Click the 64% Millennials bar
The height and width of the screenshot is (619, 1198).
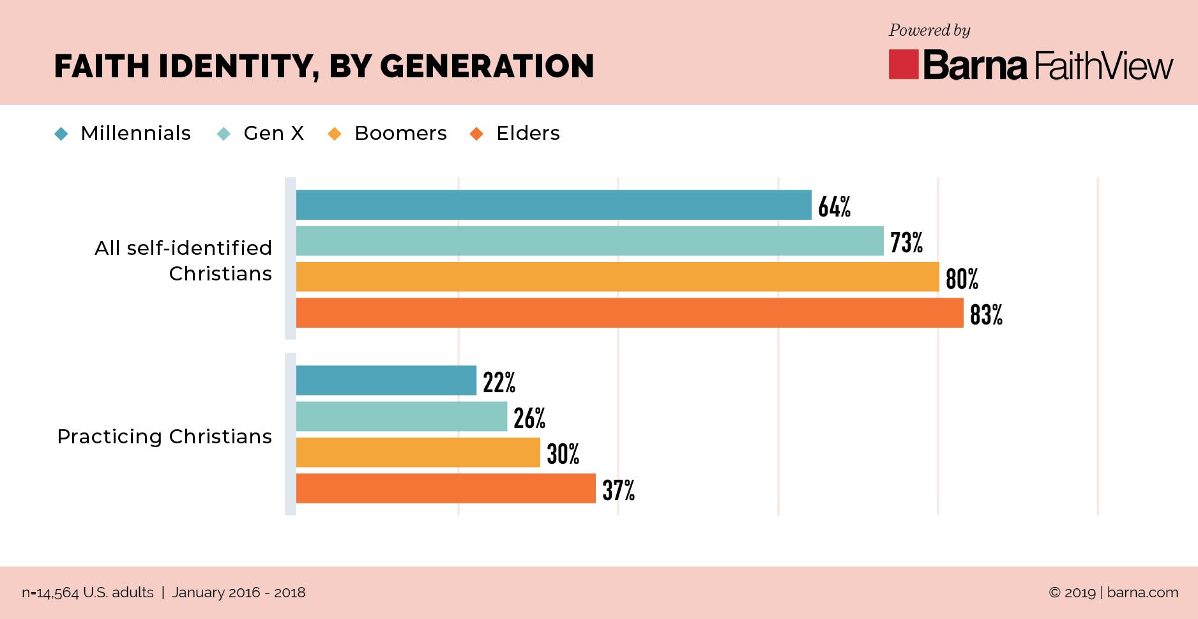pyautogui.click(x=554, y=205)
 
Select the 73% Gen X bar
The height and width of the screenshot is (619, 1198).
pyautogui.click(x=589, y=241)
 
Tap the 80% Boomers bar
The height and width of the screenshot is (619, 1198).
pyautogui.click(x=618, y=277)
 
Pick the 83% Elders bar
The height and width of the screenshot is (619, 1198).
pyautogui.click(x=630, y=312)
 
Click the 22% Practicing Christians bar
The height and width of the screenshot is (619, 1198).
pyautogui.click(x=386, y=381)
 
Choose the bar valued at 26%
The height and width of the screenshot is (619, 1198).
pyautogui.click(x=402, y=416)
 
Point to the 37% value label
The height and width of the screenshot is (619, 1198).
pyautogui.click(x=618, y=490)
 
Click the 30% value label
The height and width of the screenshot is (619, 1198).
pyautogui.click(x=563, y=454)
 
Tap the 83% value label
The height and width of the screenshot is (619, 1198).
pyautogui.click(x=986, y=314)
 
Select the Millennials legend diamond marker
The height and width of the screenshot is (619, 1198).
pyautogui.click(x=61, y=134)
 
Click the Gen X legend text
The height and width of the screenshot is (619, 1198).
pyautogui.click(x=273, y=133)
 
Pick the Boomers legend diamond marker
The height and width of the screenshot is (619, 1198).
pyautogui.click(x=334, y=134)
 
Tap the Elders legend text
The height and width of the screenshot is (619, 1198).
pyautogui.click(x=527, y=133)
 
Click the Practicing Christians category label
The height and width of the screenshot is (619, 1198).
pyautogui.click(x=164, y=436)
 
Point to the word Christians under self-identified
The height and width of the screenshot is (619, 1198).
pyautogui.click(x=220, y=273)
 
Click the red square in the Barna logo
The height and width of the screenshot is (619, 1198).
pyautogui.click(x=903, y=65)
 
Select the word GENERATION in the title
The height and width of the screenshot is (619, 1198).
pyautogui.click(x=487, y=66)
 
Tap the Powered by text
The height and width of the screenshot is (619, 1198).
pyautogui.click(x=929, y=30)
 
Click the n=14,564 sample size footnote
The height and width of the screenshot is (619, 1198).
pyautogui.click(x=87, y=592)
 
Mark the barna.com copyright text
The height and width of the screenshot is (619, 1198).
pyautogui.click(x=1113, y=592)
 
